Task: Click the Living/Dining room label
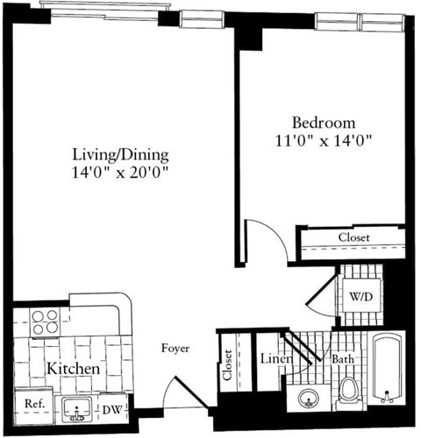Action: tap(120, 154)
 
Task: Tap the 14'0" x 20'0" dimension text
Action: tap(120, 173)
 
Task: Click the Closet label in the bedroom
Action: tap(353, 238)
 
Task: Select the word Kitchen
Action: tap(72, 370)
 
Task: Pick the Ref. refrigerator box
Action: tap(34, 404)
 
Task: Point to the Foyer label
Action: tap(175, 349)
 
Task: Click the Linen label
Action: tap(270, 358)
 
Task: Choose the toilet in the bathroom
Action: tap(348, 392)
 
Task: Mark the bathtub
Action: tap(387, 369)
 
